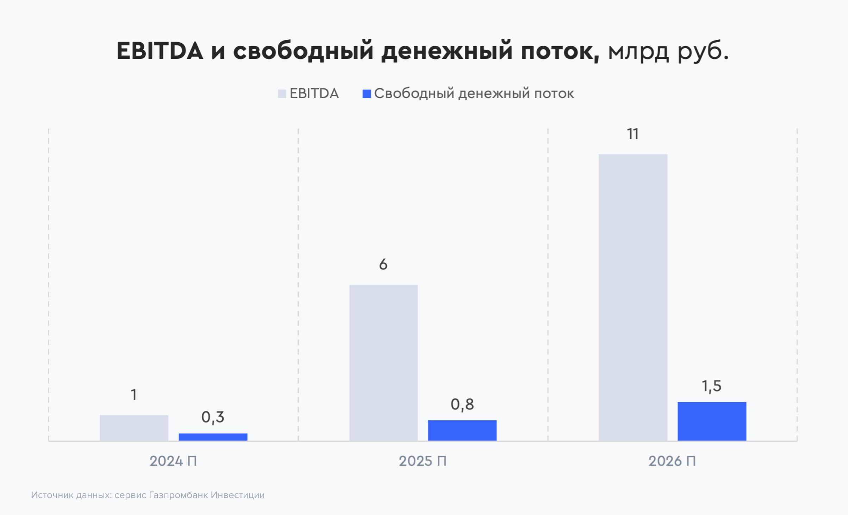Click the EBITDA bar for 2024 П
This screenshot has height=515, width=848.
134,428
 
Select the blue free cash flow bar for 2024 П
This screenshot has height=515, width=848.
213,437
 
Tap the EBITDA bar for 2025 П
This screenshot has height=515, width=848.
384,363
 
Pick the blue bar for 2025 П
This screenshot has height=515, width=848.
462,430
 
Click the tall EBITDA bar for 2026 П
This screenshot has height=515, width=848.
633,298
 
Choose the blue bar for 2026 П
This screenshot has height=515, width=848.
712,421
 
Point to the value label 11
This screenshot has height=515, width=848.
633,134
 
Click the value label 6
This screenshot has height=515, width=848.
383,264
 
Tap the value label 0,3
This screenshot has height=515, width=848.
213,417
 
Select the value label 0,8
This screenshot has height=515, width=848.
462,405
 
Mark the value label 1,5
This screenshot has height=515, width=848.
711,386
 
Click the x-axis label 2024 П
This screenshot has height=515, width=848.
173,461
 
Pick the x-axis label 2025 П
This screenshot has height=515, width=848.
423,461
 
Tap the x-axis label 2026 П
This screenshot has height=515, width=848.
672,461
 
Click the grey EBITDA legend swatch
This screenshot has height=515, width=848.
282,94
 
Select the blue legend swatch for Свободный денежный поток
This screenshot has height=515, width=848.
367,94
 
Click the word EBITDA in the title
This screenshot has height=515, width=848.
160,51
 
